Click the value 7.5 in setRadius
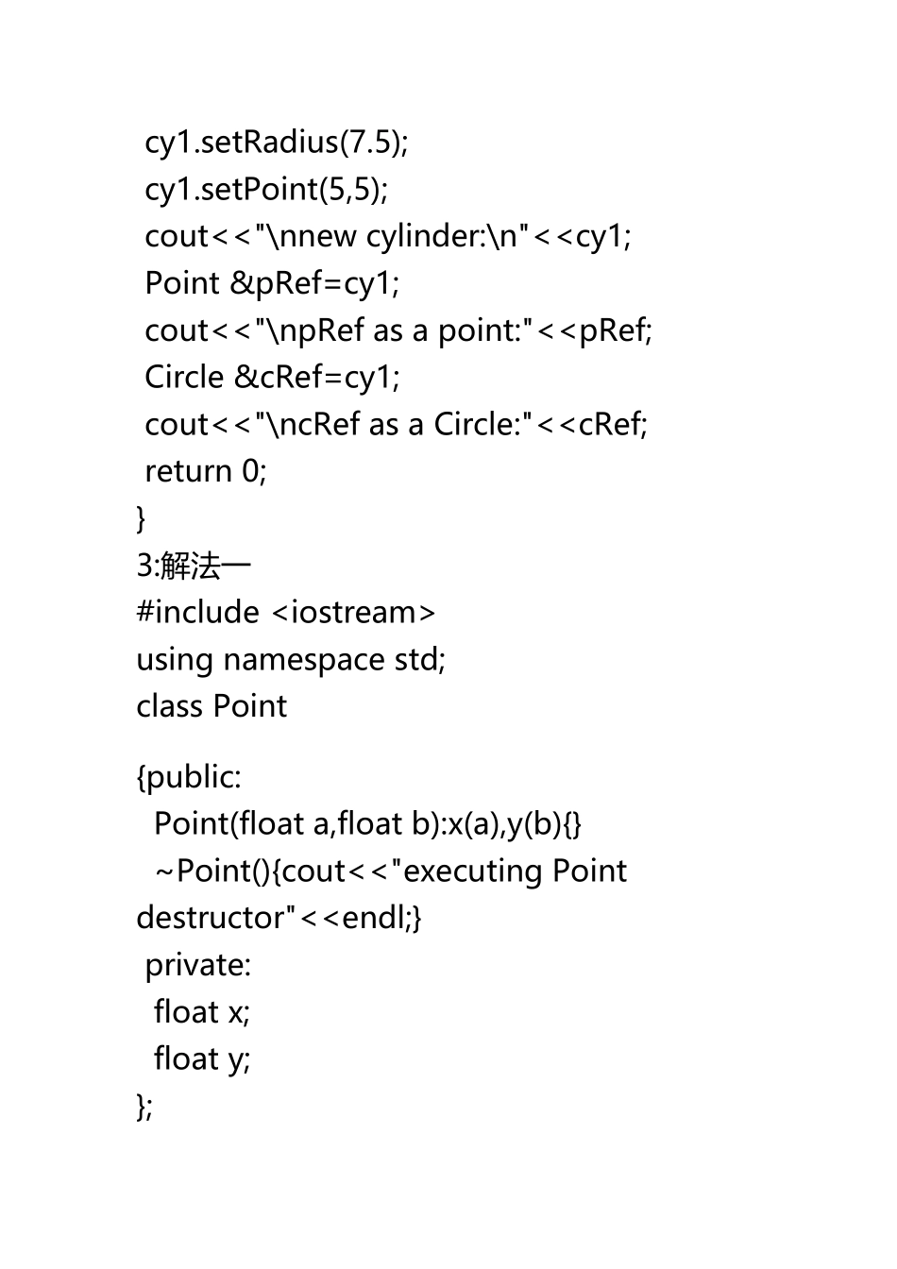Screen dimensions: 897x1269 (369, 142)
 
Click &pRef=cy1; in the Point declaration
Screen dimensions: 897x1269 (314, 283)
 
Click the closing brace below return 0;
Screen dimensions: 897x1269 (142, 517)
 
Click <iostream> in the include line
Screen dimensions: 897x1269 (354, 613)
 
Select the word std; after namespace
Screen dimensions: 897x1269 (419, 659)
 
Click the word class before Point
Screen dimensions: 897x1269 (170, 706)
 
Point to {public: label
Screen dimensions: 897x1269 (189, 777)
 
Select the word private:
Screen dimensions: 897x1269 (198, 965)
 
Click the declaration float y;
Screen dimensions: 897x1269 (202, 1059)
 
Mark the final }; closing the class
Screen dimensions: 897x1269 (144, 1106)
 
